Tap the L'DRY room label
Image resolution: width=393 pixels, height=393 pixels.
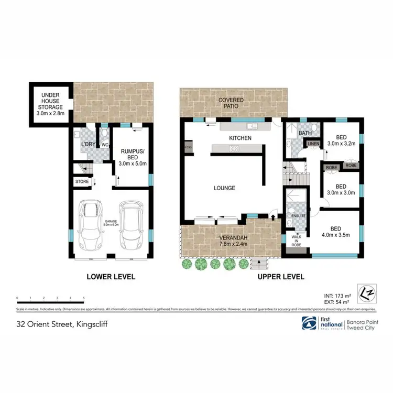88,145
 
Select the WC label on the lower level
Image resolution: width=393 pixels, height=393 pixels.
105,145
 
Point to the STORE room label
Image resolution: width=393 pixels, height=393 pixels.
82,182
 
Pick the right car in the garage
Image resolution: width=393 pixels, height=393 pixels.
131,227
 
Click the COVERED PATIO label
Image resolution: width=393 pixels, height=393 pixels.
228,102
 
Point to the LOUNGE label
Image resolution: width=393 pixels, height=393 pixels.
224,188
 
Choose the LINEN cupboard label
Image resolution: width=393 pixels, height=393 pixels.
313,143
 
